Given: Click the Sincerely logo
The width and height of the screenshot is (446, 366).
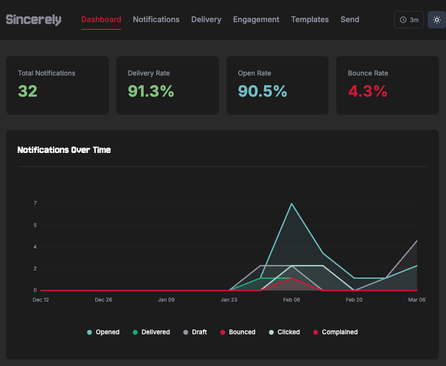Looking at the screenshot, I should (33, 20).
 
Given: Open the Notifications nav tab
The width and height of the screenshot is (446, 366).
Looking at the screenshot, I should (156, 20).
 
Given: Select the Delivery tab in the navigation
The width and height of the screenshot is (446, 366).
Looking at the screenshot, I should (206, 20).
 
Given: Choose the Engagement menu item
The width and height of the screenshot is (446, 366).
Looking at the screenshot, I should (256, 20).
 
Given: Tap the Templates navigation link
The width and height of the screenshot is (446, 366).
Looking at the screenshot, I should (310, 20).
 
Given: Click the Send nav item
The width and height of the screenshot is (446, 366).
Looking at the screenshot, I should (350, 20).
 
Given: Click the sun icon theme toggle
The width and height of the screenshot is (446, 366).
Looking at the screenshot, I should (436, 20).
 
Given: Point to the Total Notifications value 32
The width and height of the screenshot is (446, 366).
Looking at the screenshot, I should (27, 91).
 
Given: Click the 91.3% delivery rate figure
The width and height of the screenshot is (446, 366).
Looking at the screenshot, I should (151, 91).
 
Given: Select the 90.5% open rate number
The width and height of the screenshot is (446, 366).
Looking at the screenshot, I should (262, 91).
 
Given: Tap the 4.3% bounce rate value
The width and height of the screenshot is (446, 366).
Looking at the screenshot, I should (368, 91).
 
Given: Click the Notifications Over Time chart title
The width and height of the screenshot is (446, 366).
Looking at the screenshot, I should (64, 150).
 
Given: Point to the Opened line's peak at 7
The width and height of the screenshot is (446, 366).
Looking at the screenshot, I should (292, 203).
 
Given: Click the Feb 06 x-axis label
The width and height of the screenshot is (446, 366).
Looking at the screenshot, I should (292, 300).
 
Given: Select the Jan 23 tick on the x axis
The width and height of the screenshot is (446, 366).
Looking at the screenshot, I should (229, 300).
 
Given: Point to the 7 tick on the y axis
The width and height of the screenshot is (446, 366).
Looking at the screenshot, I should (35, 203).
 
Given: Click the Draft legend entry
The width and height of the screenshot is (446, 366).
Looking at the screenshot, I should (195, 332).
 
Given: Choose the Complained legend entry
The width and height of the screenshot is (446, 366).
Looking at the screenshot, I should (335, 332).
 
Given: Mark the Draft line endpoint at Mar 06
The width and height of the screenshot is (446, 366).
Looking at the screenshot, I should (417, 240).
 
